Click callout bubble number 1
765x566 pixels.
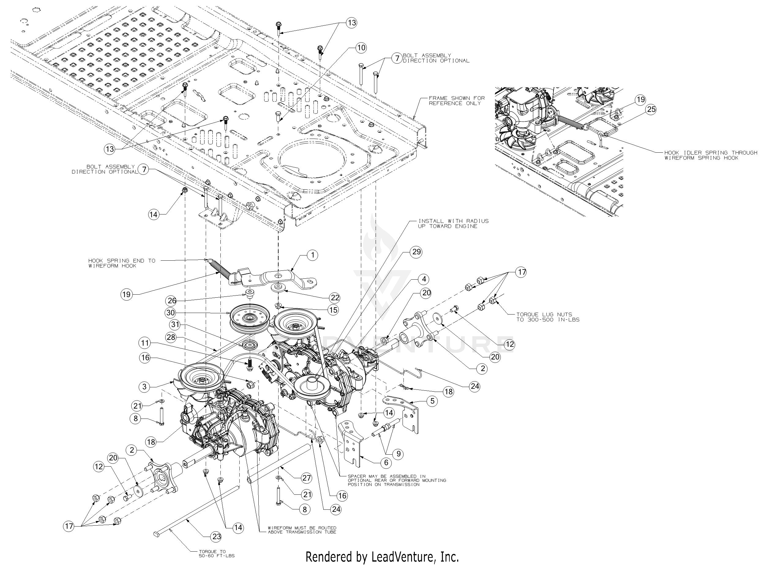312,255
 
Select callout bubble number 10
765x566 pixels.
361,48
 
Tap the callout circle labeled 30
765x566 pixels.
170,312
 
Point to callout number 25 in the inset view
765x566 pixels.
651,109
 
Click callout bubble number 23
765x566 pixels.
216,537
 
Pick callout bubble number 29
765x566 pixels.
416,252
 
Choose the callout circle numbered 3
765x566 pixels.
144,386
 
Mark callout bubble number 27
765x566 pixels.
306,478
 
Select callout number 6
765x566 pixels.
386,463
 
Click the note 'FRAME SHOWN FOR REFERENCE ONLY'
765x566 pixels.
456,101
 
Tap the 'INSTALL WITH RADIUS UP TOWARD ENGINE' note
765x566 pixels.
453,224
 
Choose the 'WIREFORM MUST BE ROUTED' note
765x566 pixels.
302,528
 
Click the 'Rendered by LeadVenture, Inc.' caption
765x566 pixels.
382,557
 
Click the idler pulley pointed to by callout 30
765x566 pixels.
249,318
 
